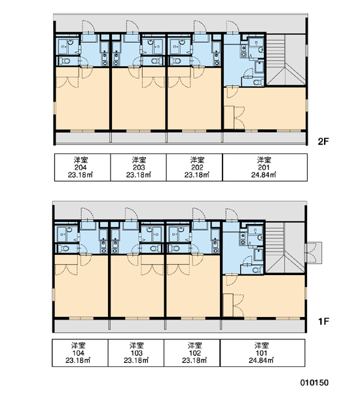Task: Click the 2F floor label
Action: [x=323, y=141]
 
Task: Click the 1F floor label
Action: [x=323, y=321]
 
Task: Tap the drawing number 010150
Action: [x=314, y=383]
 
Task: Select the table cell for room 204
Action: [x=82, y=167]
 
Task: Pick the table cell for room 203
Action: [x=139, y=167]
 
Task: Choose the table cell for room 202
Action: [x=194, y=167]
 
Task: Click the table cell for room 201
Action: [x=265, y=167]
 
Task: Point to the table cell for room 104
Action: [x=80, y=353]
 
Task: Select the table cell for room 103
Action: [x=136, y=353]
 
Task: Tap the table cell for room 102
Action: [x=192, y=353]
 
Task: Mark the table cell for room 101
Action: [x=262, y=353]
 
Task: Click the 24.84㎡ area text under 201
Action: [x=264, y=175]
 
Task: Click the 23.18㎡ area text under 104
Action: [x=78, y=360]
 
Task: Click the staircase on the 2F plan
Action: [x=286, y=60]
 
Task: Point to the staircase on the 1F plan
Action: [x=285, y=248]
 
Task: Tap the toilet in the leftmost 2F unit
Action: [x=65, y=61]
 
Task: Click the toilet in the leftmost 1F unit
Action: [x=65, y=248]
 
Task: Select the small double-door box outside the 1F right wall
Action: [x=314, y=253]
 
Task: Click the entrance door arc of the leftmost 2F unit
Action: [x=88, y=26]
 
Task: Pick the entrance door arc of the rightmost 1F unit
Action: [x=232, y=215]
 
